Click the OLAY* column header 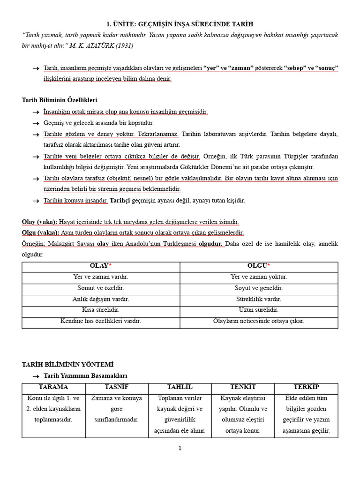click(101, 266)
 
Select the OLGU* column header click(259, 266)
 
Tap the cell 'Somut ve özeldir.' click(101, 288)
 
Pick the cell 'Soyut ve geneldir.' click(259, 288)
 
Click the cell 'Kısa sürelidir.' click(101, 310)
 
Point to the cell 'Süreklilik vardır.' click(259, 299)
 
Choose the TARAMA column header click(53, 387)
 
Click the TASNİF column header click(117, 387)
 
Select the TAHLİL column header click(180, 387)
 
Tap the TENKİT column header click(243, 387)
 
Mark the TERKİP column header click(306, 387)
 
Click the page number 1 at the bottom click(180, 448)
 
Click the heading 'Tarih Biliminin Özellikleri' click(60, 100)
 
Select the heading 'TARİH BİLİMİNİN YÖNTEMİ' click(67, 364)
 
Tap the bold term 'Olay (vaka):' click(39, 222)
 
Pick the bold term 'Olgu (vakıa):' click(41, 232)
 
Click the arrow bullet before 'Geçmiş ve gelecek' click(36, 123)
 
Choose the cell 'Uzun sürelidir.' click(259, 310)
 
